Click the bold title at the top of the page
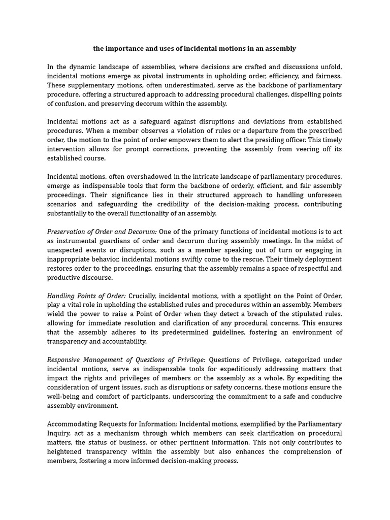[194, 49]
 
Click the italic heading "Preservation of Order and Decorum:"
[102, 232]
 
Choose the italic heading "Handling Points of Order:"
[86, 296]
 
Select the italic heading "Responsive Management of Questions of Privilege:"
[126, 360]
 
